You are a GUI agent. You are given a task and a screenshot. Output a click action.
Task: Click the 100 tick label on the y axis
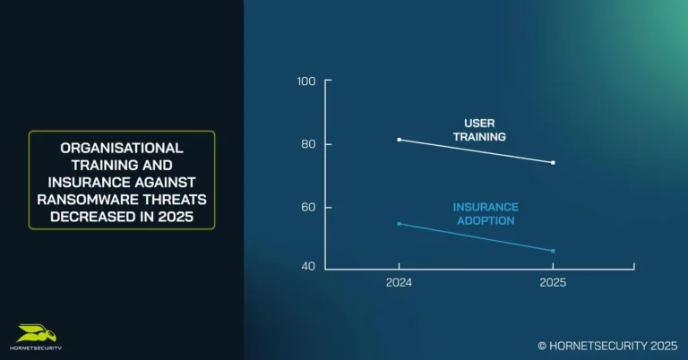tap(305, 81)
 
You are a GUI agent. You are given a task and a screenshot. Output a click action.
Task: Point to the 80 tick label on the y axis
tap(307, 144)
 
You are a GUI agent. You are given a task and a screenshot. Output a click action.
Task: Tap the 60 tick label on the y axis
tap(307, 207)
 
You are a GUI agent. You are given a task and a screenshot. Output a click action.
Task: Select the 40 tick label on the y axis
tap(307, 267)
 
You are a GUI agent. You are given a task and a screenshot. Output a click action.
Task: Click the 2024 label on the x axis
tap(399, 282)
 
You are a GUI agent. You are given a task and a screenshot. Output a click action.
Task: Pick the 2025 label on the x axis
tap(553, 282)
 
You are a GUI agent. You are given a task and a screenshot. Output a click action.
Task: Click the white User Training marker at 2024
tap(399, 140)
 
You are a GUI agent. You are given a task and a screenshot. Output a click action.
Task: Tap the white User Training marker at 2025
tap(553, 163)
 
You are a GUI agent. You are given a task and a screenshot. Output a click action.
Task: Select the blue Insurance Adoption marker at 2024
tap(399, 224)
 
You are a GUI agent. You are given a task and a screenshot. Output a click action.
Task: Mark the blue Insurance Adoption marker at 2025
tap(553, 251)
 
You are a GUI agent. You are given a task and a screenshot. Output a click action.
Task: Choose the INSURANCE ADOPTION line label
tap(484, 214)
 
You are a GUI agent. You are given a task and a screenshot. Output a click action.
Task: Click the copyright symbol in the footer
tap(542, 345)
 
